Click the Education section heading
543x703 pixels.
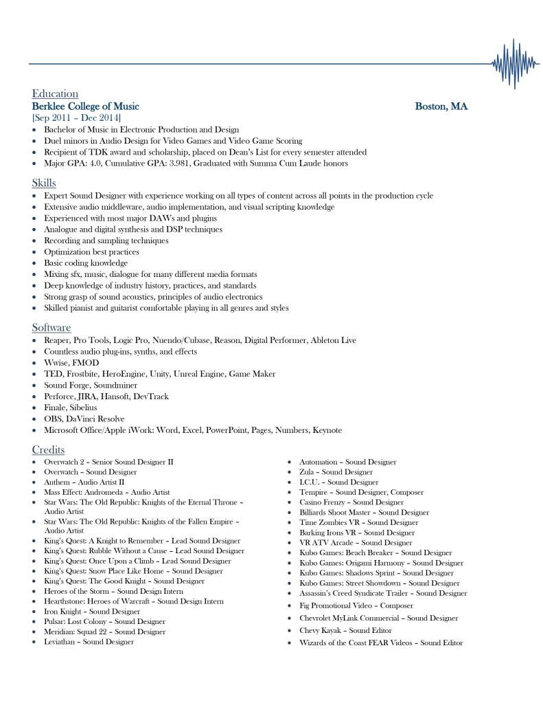pyautogui.click(x=55, y=93)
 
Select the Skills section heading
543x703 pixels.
pyautogui.click(x=44, y=183)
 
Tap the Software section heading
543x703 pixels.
pyautogui.click(x=51, y=328)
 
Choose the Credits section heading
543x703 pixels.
pyautogui.click(x=48, y=449)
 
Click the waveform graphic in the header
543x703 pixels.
pyautogui.click(x=515, y=64)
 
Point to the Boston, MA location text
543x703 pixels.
pyautogui.click(x=441, y=107)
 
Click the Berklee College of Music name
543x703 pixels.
pyautogui.click(x=86, y=107)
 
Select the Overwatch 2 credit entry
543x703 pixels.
pyautogui.click(x=108, y=462)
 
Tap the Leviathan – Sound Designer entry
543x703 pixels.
pyautogui.click(x=89, y=642)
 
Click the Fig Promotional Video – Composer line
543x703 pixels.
pyautogui.click(x=356, y=606)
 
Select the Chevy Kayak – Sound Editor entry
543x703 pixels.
pyautogui.click(x=345, y=630)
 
